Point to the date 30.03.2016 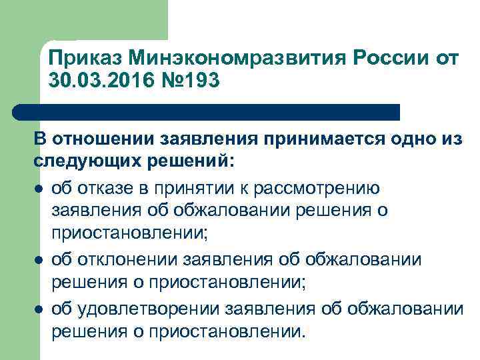click(105, 82)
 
